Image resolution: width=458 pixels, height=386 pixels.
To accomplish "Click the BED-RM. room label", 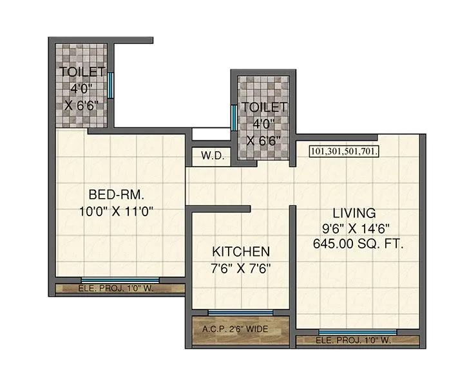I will [115, 193].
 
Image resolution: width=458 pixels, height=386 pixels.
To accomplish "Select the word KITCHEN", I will [242, 251].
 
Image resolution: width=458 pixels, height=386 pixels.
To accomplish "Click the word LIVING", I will [354, 212].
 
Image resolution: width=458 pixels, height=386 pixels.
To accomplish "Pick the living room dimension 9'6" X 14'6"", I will [354, 228].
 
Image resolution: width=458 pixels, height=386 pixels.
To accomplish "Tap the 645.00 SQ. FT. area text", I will [354, 244].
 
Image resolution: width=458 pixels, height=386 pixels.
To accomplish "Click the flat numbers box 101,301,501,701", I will [344, 152].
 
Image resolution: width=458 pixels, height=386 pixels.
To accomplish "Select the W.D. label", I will [211, 156].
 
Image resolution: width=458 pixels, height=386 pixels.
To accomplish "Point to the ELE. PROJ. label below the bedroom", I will [115, 289].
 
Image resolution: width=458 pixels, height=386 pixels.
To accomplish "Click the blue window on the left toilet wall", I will [111, 84].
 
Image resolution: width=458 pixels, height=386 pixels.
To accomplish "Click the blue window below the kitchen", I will [240, 313].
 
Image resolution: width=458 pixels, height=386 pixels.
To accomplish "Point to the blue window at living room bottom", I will [358, 332].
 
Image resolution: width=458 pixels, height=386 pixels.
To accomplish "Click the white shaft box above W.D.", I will [211, 134].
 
